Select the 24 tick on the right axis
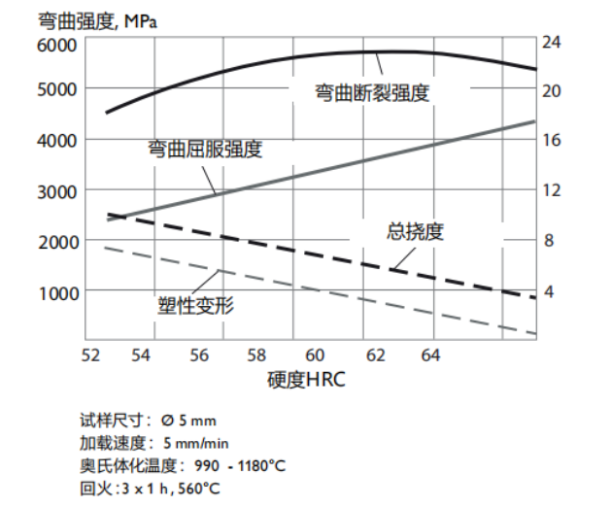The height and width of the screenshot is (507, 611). click(x=553, y=43)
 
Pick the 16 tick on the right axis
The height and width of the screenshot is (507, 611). click(x=553, y=140)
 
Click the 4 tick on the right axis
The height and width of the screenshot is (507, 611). click(x=549, y=291)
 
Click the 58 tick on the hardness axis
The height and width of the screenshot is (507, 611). click(x=256, y=355)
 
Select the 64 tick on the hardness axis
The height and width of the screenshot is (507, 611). click(x=431, y=355)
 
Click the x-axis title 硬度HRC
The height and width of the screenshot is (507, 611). click(x=306, y=380)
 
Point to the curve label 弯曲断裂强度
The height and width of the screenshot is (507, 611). click(x=371, y=93)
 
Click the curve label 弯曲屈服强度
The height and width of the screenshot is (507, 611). click(x=204, y=149)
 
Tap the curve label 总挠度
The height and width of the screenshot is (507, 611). click(x=415, y=231)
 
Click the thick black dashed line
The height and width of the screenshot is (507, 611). click(x=321, y=252)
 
